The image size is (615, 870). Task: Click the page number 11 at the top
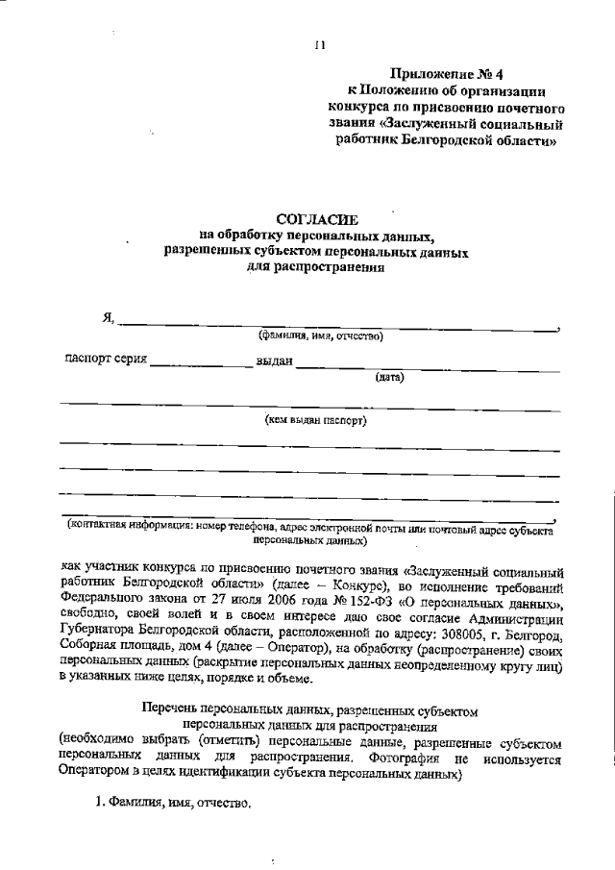(x=320, y=44)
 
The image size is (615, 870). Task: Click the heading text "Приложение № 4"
(x=446, y=74)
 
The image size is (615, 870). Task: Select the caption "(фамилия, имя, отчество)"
(x=320, y=336)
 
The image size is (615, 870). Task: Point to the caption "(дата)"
(x=389, y=377)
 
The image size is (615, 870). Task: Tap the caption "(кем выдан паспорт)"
(x=316, y=420)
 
